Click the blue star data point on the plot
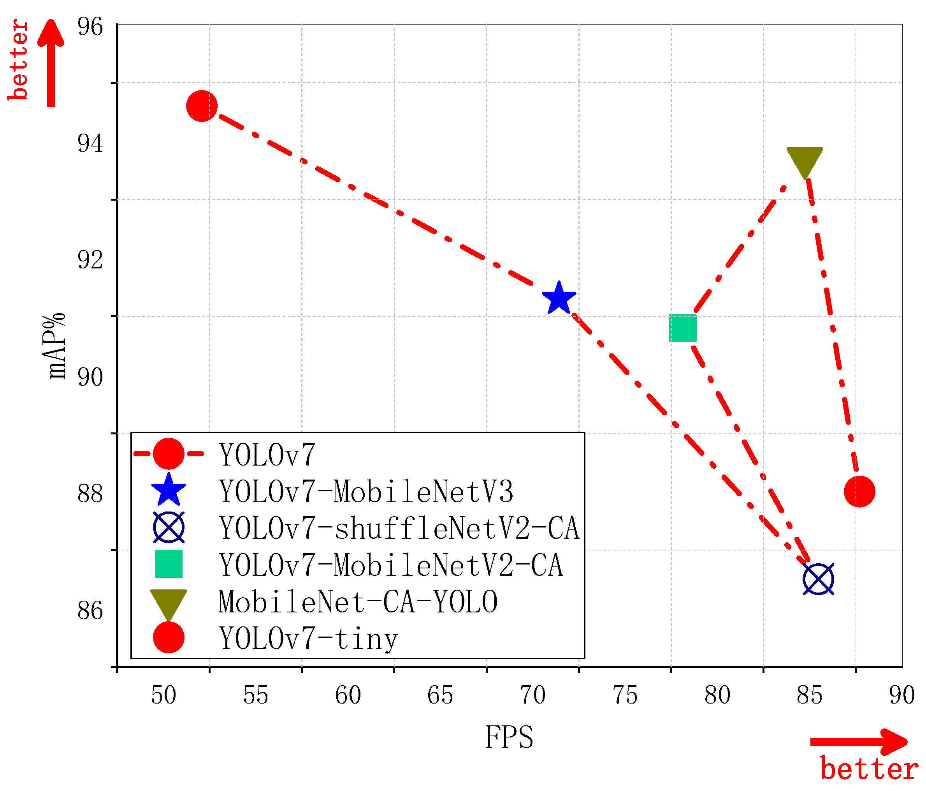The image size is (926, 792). click(559, 298)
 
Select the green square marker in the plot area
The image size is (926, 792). click(682, 328)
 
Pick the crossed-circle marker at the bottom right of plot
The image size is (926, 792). click(818, 580)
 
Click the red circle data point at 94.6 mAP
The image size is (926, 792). click(202, 106)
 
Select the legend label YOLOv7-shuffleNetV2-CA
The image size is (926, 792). click(399, 529)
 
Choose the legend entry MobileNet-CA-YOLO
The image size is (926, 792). click(358, 602)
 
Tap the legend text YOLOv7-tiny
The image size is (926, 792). click(308, 639)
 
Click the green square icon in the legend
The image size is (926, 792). click(169, 564)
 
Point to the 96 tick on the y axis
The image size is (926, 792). click(90, 27)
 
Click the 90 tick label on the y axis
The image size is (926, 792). click(90, 377)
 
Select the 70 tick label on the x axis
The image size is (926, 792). click(533, 696)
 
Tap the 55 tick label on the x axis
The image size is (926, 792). click(256, 696)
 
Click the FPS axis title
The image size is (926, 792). click(509, 738)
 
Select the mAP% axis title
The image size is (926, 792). click(57, 346)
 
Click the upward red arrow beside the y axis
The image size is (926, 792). click(51, 63)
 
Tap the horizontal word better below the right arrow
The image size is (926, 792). click(869, 769)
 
